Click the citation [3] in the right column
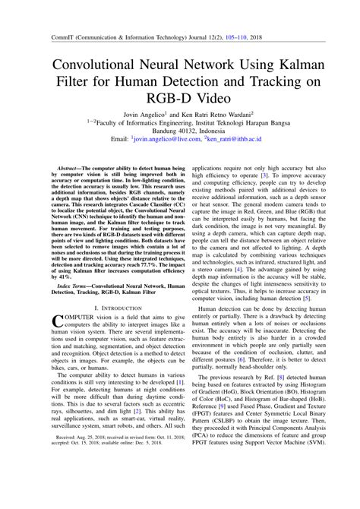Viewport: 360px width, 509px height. tap(264, 174)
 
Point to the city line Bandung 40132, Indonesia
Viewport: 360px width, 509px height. tap(180, 130)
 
